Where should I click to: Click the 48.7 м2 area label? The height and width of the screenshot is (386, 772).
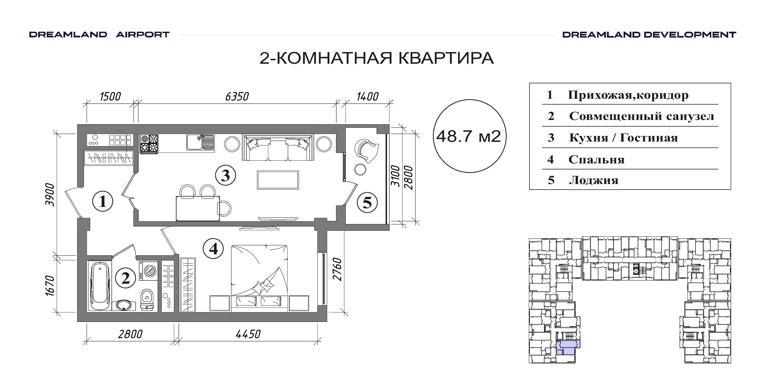(468, 136)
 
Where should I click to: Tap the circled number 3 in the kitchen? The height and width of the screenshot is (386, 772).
(226, 176)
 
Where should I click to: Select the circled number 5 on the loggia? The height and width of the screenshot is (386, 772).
(367, 202)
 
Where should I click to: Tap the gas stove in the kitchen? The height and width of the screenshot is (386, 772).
(149, 143)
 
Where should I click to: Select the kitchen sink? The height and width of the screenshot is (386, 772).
(200, 142)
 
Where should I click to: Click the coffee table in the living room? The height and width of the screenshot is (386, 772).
(278, 180)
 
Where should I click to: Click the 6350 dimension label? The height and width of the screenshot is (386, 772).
(237, 97)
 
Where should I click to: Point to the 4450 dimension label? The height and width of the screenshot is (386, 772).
(248, 334)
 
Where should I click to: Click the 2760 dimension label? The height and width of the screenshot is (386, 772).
(337, 270)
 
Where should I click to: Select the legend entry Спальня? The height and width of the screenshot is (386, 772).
(596, 160)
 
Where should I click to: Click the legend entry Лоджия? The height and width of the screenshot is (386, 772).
(594, 180)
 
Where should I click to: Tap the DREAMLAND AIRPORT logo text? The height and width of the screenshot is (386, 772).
(99, 35)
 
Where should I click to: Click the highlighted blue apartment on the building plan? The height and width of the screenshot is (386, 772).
(567, 347)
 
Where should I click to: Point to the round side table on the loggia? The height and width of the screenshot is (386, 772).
(360, 169)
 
